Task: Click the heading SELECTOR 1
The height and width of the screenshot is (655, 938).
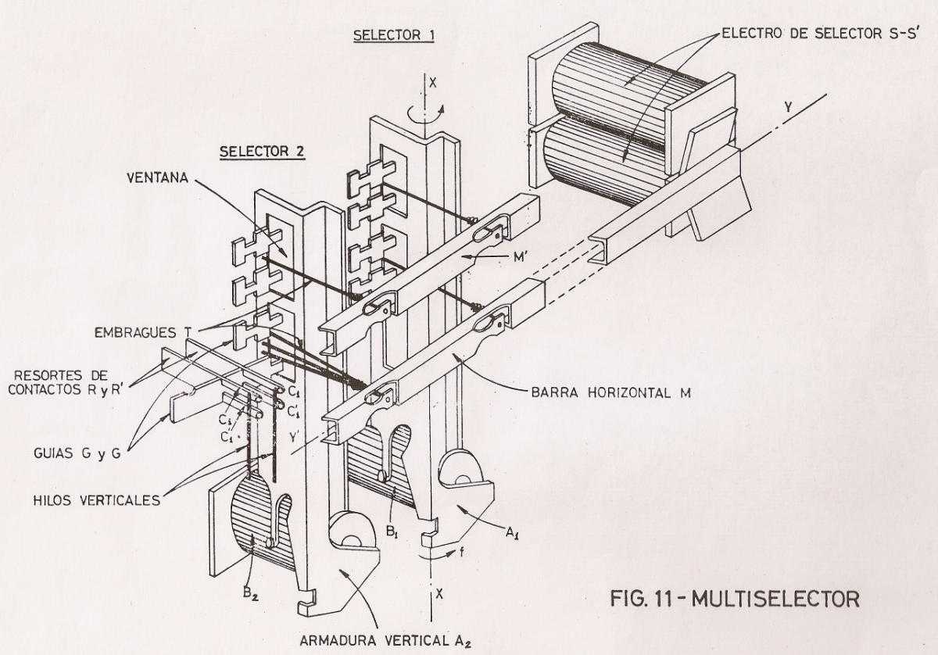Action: coord(394,35)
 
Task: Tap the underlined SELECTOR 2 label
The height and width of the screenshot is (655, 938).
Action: coord(262,152)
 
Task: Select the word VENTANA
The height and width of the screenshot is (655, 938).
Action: coord(157,177)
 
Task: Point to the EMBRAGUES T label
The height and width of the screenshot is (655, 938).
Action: coord(143,332)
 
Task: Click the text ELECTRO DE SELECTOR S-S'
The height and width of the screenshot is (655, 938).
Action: coord(820,33)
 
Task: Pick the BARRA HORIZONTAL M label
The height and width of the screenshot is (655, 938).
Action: coord(611,393)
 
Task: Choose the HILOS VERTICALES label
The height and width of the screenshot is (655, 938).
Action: coord(97,500)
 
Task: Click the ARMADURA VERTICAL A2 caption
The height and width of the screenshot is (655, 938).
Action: coord(386,641)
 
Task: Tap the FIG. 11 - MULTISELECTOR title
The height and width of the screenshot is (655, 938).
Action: coord(735,600)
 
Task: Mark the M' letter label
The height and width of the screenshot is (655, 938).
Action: coord(520,256)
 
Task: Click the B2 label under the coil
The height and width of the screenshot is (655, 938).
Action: coord(250,594)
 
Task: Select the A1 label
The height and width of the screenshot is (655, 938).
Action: coord(512,533)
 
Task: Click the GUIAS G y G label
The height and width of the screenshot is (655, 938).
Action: coord(77,453)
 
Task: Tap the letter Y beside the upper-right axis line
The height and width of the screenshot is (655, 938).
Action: coord(788,108)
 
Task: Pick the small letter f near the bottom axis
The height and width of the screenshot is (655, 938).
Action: coord(461,553)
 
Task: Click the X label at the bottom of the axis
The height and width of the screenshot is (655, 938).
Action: coord(439,593)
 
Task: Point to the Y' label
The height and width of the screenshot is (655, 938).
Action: coord(294,438)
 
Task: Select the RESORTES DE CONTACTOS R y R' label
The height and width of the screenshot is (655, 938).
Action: coord(66,382)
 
